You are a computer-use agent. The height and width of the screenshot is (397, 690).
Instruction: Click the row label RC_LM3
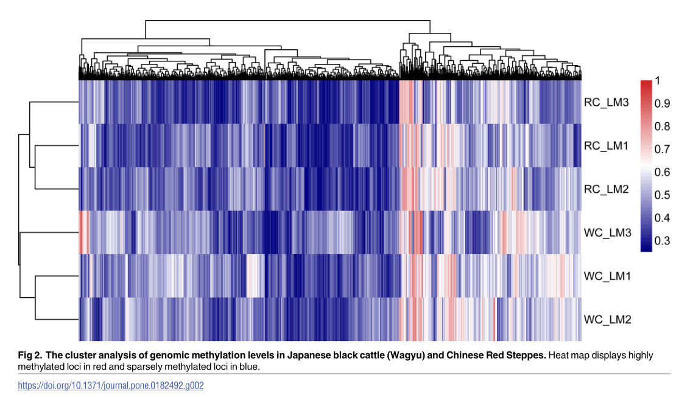pyautogui.click(x=606, y=102)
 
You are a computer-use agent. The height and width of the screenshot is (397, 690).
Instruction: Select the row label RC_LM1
pyautogui.click(x=606, y=146)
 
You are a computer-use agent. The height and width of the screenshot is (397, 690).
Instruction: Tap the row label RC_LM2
pyautogui.click(x=606, y=189)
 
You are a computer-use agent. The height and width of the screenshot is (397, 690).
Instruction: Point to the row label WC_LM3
pyautogui.click(x=607, y=232)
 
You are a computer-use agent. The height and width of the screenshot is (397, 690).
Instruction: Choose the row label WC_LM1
pyautogui.click(x=607, y=276)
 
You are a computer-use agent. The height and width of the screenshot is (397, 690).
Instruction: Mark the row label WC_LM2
pyautogui.click(x=607, y=319)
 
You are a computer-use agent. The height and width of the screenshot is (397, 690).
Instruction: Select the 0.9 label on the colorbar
pyautogui.click(x=662, y=104)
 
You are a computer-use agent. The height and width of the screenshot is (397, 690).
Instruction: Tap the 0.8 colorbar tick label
pyautogui.click(x=662, y=126)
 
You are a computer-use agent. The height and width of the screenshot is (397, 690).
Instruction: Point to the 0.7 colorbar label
pyautogui.click(x=662, y=150)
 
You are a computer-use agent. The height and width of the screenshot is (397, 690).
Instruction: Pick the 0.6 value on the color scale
pyautogui.click(x=662, y=172)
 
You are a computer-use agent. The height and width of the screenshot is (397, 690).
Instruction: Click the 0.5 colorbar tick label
pyautogui.click(x=662, y=195)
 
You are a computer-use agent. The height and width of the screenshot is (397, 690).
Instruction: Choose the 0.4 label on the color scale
pyautogui.click(x=662, y=218)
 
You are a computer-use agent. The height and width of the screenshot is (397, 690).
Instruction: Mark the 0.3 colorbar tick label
pyautogui.click(x=662, y=241)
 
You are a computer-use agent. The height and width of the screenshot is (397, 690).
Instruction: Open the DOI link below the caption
pyautogui.click(x=110, y=385)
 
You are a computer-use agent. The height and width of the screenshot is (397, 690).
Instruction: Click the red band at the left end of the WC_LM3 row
pyautogui.click(x=83, y=232)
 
